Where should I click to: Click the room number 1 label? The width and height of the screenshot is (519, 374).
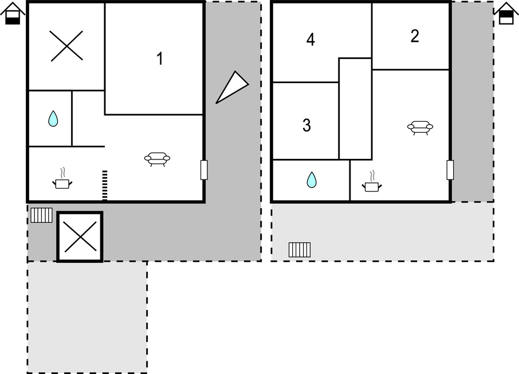click(x=160, y=59)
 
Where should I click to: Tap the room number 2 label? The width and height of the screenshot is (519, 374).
click(x=415, y=36)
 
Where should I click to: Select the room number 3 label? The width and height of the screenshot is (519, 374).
click(x=307, y=126)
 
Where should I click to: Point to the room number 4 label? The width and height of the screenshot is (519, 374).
click(x=310, y=40)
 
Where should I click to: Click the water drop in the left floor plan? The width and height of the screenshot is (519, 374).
click(x=53, y=119)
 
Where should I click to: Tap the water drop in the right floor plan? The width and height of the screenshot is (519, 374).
click(x=312, y=180)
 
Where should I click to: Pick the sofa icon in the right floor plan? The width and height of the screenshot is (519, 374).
click(x=420, y=128)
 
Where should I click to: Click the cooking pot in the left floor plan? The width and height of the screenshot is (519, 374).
click(x=62, y=179)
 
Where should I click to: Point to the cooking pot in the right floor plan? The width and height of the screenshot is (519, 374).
click(x=372, y=182)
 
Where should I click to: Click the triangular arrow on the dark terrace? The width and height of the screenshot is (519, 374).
click(x=231, y=87)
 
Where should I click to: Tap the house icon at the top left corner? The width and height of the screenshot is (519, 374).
click(x=13, y=13)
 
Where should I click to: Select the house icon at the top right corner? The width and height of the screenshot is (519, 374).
click(x=506, y=13)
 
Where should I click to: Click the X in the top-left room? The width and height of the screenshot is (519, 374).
click(x=67, y=46)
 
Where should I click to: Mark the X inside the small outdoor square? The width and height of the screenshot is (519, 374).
click(x=80, y=237)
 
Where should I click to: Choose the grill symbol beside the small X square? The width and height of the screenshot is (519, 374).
click(x=41, y=215)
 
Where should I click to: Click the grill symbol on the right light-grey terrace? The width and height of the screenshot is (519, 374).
click(x=300, y=250)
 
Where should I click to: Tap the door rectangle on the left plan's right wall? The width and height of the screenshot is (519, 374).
click(x=204, y=170)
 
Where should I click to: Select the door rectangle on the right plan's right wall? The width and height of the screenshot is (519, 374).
click(x=450, y=170)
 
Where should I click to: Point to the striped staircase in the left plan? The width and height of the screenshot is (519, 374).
click(x=105, y=186)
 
